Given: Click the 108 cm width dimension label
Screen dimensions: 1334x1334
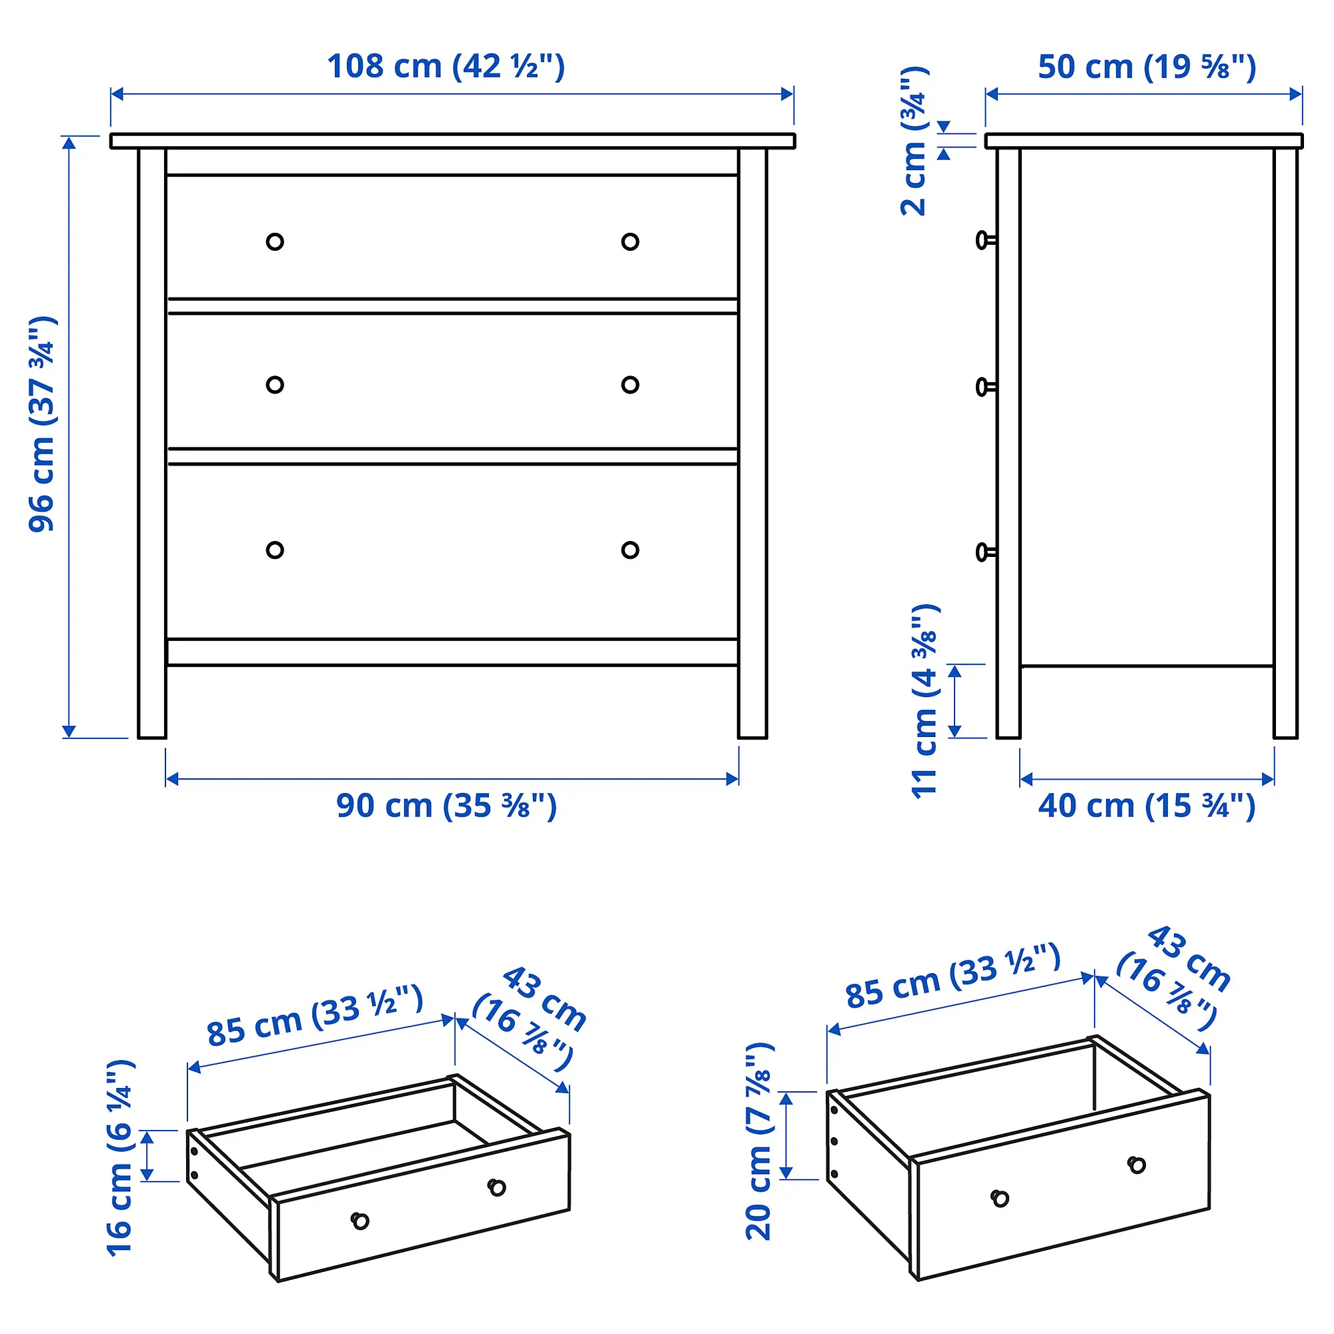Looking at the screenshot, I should point(446,67).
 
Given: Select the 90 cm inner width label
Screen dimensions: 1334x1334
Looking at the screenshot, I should point(446,806).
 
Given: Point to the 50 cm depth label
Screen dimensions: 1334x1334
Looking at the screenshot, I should point(1147,67).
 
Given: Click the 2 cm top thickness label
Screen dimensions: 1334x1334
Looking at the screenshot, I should point(914,141).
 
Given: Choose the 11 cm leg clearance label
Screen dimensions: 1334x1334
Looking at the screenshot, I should point(925,701).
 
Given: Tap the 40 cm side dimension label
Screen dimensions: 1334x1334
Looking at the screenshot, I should point(1147,806).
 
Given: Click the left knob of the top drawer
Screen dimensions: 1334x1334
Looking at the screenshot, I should point(275,241).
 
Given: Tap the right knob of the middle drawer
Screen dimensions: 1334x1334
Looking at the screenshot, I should point(630,385).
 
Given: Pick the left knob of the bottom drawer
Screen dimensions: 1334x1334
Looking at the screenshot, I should point(275,550).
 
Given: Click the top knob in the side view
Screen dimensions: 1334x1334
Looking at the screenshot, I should point(984,240).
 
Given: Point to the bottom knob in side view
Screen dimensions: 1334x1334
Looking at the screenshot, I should point(984,552).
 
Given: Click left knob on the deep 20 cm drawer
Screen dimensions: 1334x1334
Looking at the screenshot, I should point(1000,1198).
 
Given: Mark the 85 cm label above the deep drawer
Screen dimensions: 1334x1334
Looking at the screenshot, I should point(953,976).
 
